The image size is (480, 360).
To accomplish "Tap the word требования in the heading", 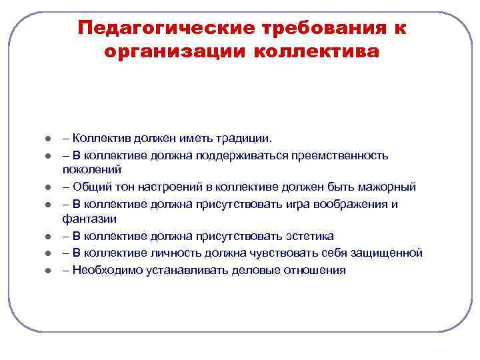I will click(315, 28).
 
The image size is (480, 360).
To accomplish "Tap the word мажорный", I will click(382, 187).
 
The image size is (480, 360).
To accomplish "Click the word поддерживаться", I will click(225, 155).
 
